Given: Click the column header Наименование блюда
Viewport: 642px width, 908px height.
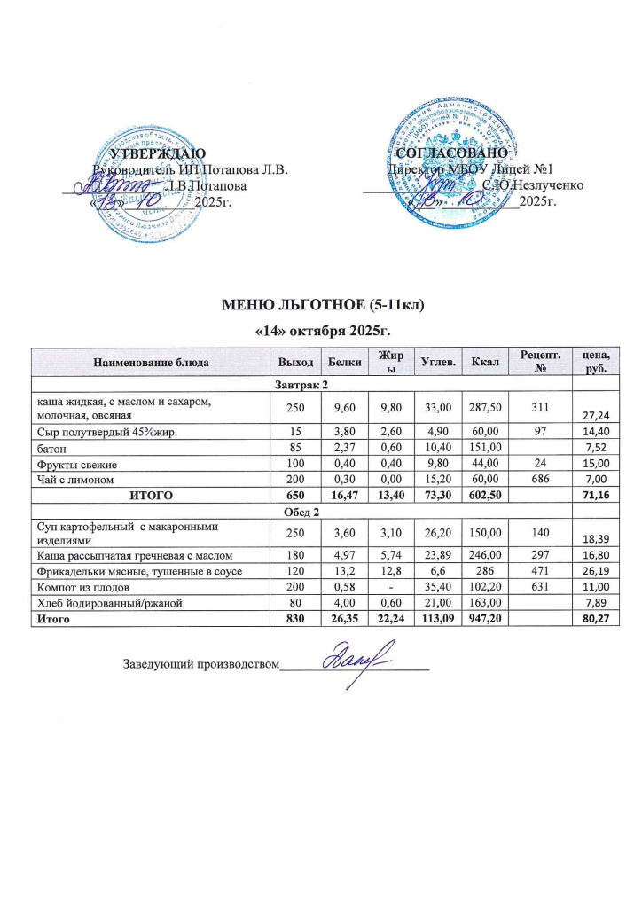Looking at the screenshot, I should (x=149, y=362).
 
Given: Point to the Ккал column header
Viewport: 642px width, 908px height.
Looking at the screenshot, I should (x=485, y=362).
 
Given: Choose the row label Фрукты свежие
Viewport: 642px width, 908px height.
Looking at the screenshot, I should (x=76, y=464).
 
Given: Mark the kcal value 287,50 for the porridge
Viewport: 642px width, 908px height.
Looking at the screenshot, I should (x=485, y=407).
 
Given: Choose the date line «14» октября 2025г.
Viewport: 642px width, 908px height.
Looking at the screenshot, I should (x=322, y=331).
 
